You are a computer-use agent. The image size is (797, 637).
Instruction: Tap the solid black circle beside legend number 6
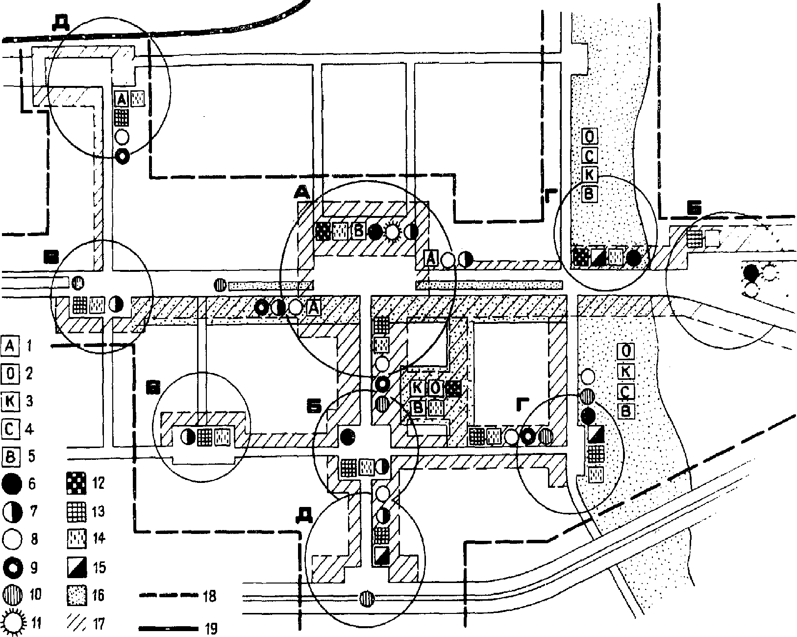pyautogui.click(x=12, y=484)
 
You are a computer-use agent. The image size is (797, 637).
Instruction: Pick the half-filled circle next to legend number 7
pyautogui.click(x=12, y=512)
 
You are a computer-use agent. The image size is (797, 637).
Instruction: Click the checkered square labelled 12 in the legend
pyautogui.click(x=76, y=484)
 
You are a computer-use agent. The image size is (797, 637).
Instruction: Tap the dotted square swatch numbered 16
pyautogui.click(x=76, y=595)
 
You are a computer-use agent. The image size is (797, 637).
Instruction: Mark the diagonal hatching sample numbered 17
pyautogui.click(x=76, y=623)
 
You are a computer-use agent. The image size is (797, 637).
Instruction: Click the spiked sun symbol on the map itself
pyautogui.click(x=392, y=232)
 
